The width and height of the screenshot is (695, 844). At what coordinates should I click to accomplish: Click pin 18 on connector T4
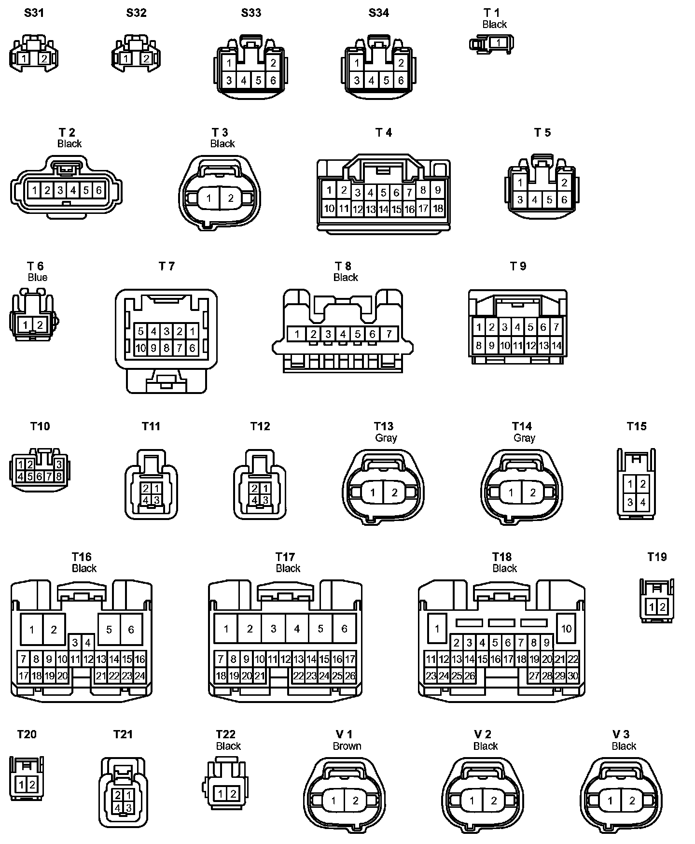438,209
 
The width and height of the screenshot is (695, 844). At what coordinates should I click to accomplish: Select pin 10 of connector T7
140,348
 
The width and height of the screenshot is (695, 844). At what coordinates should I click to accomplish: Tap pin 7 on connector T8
389,334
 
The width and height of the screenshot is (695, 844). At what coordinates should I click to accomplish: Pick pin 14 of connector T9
556,346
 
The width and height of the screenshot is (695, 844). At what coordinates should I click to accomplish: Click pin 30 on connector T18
573,676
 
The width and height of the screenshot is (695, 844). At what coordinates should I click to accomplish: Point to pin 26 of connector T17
350,676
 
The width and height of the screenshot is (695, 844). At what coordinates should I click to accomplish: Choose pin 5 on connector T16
109,630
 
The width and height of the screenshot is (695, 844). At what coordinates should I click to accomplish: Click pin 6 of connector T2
98,190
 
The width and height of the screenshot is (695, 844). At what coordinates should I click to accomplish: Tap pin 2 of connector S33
273,63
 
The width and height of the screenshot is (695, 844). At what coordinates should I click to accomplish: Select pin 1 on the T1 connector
499,43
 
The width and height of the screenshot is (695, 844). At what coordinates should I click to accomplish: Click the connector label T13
384,426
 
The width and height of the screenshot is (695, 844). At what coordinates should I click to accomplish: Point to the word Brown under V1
347,746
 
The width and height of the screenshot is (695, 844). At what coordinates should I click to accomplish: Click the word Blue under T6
38,277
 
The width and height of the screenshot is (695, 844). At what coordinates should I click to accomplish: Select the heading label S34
379,13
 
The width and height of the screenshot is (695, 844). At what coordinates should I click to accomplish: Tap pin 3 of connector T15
630,502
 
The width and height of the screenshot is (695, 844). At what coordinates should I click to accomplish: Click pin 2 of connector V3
632,801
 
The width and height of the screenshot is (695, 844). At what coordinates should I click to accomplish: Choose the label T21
123,734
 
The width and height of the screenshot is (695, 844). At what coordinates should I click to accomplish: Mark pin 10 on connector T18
566,629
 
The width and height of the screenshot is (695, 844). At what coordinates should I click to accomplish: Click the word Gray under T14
524,438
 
